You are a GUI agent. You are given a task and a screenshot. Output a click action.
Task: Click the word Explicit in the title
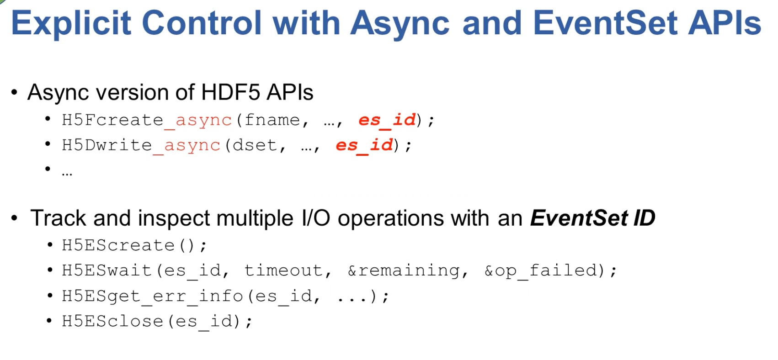click(x=71, y=23)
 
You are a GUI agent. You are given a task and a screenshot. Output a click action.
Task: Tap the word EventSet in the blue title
click(x=605, y=22)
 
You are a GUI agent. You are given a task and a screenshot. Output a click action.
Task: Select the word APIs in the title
click(x=725, y=22)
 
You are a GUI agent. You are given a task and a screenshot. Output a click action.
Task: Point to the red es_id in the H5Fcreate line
click(x=387, y=120)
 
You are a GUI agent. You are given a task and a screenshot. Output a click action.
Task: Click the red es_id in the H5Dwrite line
click(x=364, y=145)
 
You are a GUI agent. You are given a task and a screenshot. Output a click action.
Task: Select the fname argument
click(x=272, y=120)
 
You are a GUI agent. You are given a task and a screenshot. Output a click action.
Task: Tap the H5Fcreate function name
click(x=112, y=120)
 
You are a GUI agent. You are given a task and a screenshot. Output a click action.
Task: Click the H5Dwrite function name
click(x=107, y=145)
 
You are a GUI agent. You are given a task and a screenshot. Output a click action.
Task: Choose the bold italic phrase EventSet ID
click(x=592, y=218)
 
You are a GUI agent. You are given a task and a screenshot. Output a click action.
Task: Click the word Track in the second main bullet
click(x=58, y=218)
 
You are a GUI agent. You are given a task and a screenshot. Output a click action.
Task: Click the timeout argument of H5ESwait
click(x=283, y=270)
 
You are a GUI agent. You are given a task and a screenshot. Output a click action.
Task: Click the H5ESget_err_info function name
click(x=153, y=296)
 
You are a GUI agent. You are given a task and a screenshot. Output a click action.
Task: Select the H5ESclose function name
click(x=112, y=321)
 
